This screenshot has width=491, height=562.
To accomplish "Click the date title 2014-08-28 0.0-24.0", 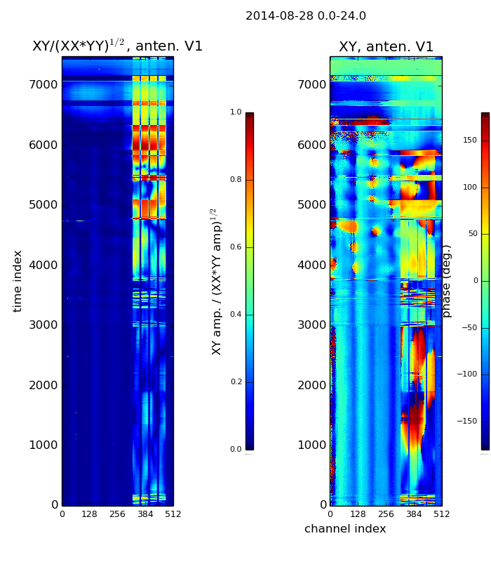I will pyautogui.click(x=305, y=16).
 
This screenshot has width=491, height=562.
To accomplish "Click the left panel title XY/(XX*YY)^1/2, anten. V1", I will pyautogui.click(x=117, y=46).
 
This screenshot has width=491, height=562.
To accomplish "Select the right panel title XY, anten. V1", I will pyautogui.click(x=386, y=47).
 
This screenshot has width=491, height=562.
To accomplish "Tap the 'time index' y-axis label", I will pyautogui.click(x=18, y=281).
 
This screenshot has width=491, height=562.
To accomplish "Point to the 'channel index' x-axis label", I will pyautogui.click(x=345, y=529).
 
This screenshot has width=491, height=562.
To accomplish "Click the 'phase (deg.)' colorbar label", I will pyautogui.click(x=447, y=281).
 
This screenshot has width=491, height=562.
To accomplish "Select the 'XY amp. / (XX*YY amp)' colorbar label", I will pyautogui.click(x=216, y=281).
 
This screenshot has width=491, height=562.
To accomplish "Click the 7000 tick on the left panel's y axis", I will pyautogui.click(x=43, y=85).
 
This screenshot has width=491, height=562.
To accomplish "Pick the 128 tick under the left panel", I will pyautogui.click(x=89, y=514).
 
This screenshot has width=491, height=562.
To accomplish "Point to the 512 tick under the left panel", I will pyautogui.click(x=173, y=514).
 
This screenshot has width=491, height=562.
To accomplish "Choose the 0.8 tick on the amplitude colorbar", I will pyautogui.click(x=236, y=180).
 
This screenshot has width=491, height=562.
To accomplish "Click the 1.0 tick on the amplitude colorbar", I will pyautogui.click(x=236, y=112).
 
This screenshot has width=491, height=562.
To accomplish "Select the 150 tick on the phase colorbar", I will pyautogui.click(x=470, y=140).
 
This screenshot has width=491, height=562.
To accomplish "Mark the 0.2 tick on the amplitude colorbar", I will pyautogui.click(x=236, y=382).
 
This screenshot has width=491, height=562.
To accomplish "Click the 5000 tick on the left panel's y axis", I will pyautogui.click(x=43, y=205).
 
